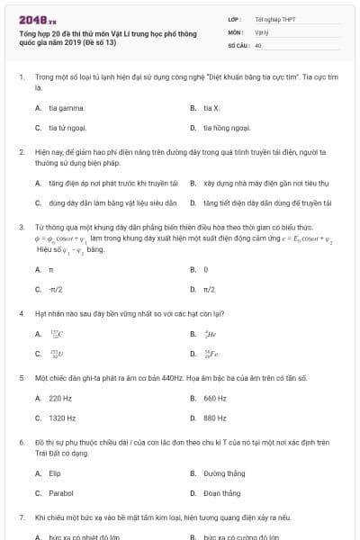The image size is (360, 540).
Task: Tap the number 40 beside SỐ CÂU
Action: coord(258,44)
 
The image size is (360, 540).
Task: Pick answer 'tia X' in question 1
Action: coord(211,107)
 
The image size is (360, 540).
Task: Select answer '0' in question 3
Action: coord(205,269)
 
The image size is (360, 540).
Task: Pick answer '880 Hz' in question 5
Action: coord(214,418)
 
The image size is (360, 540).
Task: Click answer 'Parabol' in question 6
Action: coord(60,493)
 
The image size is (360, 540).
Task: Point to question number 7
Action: coord(21,519)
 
